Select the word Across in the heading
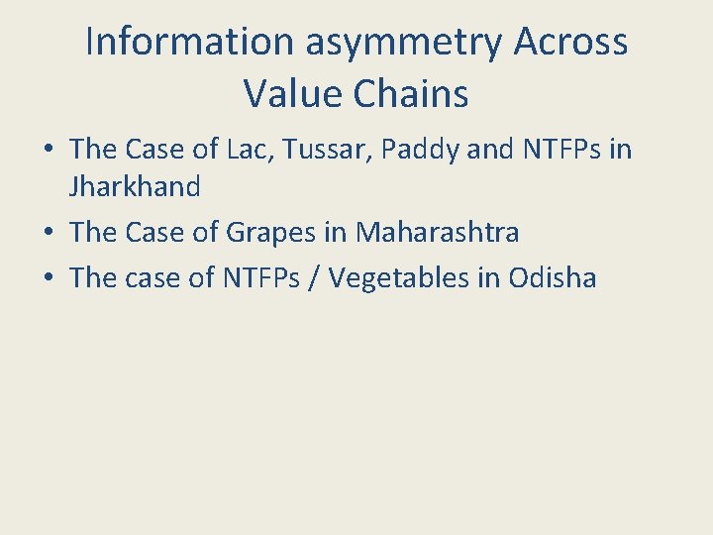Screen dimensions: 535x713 tap(571, 42)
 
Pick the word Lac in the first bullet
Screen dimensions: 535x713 tap(273, 150)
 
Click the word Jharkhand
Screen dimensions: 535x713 tap(136, 186)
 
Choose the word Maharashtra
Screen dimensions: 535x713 tap(438, 233)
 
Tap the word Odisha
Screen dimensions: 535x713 tap(553, 278)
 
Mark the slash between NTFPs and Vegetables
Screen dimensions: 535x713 tap(314, 278)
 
